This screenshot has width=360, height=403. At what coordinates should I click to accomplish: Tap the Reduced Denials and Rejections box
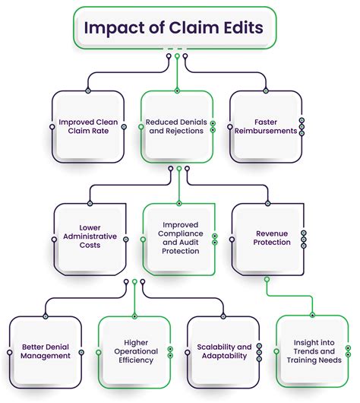point(177,127)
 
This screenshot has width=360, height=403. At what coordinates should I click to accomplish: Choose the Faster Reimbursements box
point(266,127)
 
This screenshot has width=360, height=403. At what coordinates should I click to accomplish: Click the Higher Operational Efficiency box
point(136,351)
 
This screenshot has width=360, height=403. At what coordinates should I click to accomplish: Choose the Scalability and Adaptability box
point(222,351)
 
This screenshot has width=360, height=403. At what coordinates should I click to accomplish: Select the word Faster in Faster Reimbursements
point(266,122)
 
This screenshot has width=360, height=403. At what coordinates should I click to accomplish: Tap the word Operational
point(137,351)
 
